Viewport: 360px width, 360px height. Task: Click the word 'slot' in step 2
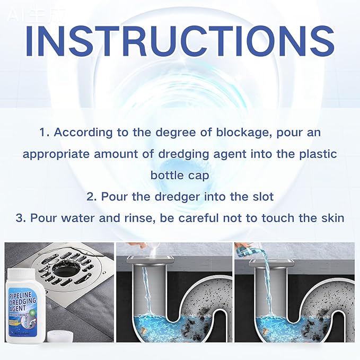(x=263, y=197)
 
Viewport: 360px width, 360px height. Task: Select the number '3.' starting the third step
(x=22, y=218)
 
